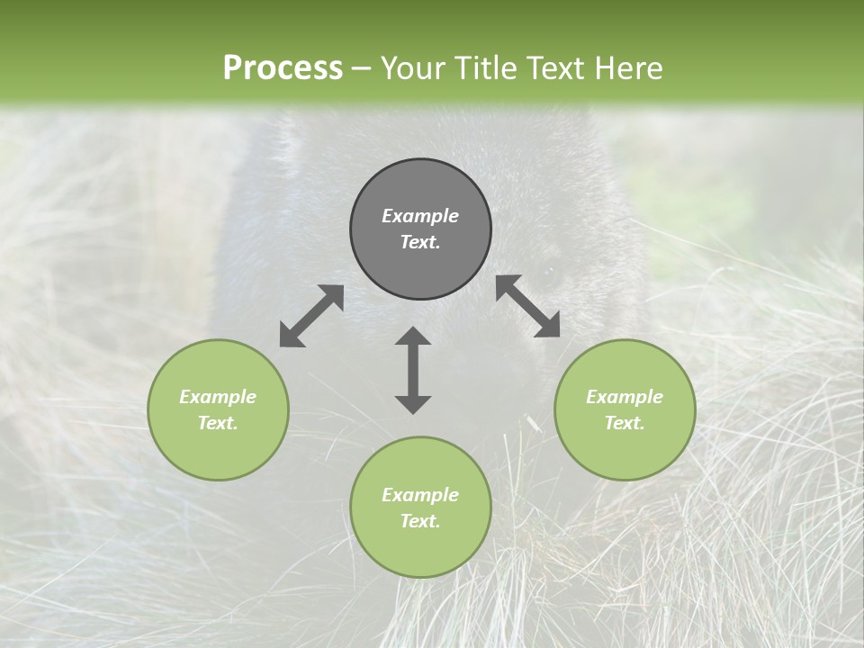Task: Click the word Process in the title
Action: point(283,68)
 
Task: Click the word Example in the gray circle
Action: point(420,216)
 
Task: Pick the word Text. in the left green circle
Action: point(218,423)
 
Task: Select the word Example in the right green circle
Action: point(625,397)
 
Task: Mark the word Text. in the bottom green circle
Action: point(420,521)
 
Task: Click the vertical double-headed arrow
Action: point(413,370)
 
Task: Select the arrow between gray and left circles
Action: point(311,316)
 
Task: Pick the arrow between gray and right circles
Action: point(527,306)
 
